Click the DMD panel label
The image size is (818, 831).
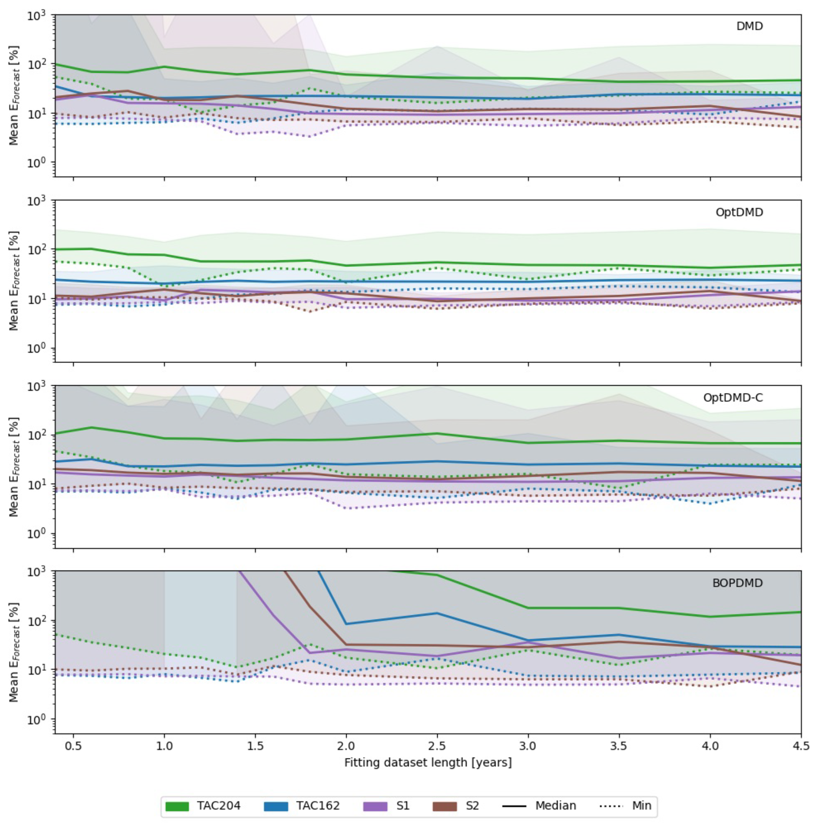[749, 26]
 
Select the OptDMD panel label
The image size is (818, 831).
[739, 212]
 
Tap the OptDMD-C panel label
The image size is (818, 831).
[733, 397]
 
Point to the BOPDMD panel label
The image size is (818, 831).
[737, 583]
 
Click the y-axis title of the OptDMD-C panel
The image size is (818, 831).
[14, 467]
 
